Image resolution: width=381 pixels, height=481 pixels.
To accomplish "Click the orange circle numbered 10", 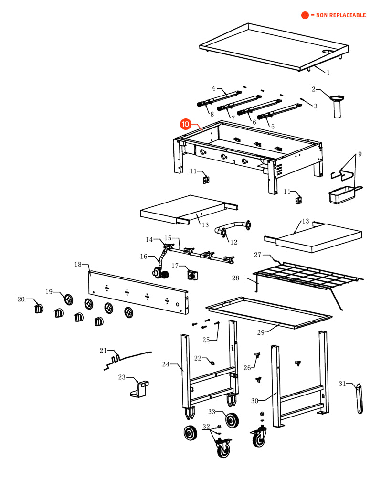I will [x=185, y=124].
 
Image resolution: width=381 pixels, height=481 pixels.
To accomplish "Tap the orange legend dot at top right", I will [x=305, y=15].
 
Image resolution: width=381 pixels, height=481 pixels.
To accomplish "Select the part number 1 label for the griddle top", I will [x=328, y=73].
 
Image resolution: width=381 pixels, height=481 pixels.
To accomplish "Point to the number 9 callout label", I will [x=360, y=154].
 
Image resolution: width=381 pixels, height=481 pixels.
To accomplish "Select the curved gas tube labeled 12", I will [x=234, y=228].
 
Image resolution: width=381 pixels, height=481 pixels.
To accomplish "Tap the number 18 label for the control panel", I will [x=78, y=264].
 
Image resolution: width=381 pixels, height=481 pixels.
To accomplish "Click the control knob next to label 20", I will [x=39, y=309].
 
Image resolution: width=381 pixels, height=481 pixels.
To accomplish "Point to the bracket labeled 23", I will [x=139, y=388].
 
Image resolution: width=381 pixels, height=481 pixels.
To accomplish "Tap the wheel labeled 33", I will [x=233, y=420].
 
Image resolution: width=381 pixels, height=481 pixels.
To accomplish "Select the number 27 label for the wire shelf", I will [x=258, y=255].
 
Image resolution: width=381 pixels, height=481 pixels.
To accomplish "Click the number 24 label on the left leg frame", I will [x=166, y=364].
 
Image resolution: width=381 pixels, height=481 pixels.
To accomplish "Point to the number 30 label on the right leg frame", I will [x=254, y=400].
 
